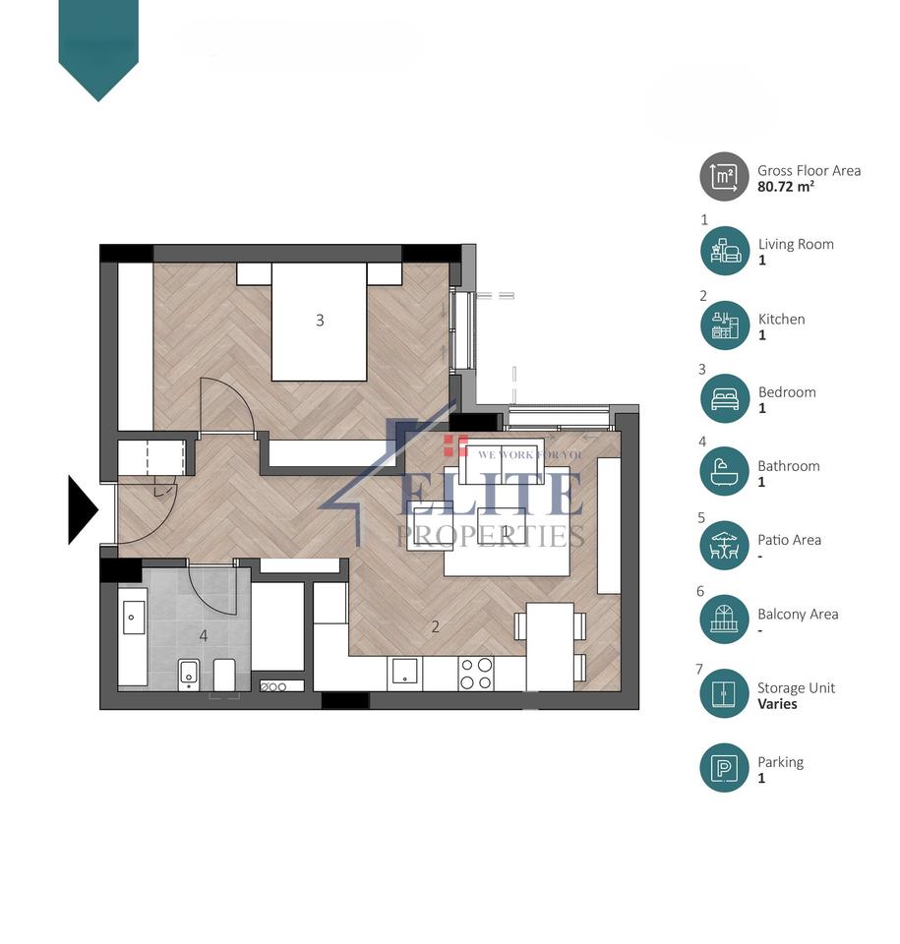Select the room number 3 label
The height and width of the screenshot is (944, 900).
[320, 320]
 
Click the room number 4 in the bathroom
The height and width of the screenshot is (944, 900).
[204, 635]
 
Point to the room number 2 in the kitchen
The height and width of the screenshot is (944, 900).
[435, 625]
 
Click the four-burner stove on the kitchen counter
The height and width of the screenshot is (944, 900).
[476, 674]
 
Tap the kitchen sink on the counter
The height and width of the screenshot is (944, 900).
[404, 673]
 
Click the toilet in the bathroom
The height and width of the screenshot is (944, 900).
[189, 675]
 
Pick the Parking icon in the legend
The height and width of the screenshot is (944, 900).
[724, 768]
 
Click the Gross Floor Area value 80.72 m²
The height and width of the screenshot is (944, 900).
[785, 186]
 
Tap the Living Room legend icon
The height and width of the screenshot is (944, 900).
[724, 251]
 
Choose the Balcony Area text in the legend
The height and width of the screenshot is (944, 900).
[797, 614]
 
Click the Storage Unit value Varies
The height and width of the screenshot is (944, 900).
[777, 704]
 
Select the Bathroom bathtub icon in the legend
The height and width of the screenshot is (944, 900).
[724, 472]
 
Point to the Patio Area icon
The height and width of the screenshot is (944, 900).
[724, 546]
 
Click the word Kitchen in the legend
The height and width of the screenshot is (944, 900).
[781, 319]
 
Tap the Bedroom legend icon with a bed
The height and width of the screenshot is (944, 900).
[724, 398]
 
